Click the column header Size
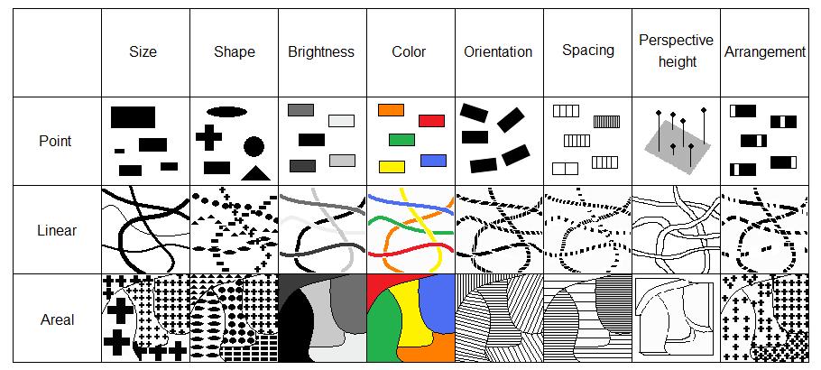pos(143,52)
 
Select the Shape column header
pos(234,52)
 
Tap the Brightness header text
pos(321,52)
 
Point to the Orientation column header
pos(498,52)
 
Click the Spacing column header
pos(587,51)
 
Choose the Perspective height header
pos(675,51)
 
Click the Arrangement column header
pos(765,52)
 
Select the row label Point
pos(55,141)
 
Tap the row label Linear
pos(56,230)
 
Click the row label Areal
pos(56,319)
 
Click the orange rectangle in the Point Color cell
pos(391,110)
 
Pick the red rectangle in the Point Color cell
pos(431,120)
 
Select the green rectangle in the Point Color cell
pos(401,140)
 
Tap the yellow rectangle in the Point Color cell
pos(391,167)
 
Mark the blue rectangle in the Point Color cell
pos(433,160)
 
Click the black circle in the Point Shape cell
pos(254,145)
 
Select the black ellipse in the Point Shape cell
pos(226,112)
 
